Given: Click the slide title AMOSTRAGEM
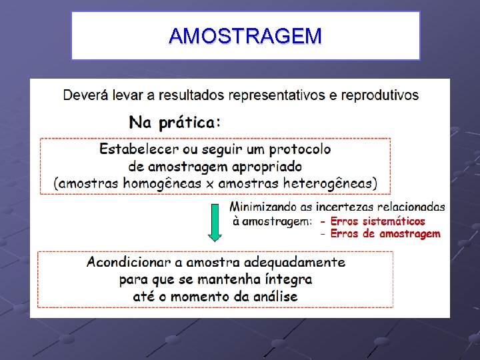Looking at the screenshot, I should point(245,36).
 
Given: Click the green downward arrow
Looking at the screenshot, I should point(215,223).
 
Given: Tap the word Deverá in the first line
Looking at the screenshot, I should point(83,95).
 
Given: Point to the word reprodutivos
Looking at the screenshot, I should point(380,95).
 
